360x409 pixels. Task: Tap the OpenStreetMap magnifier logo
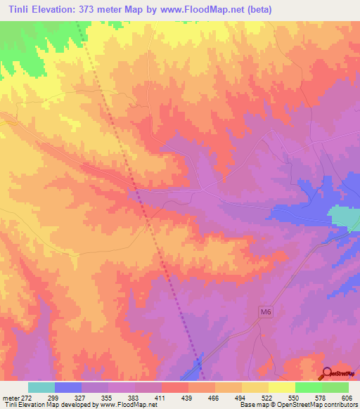[x=328, y=375]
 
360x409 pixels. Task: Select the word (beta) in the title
[x=257, y=10]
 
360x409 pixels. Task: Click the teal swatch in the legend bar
[x=41, y=387]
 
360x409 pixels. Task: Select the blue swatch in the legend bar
[x=68, y=387]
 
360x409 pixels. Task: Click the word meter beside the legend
[x=8, y=397]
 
